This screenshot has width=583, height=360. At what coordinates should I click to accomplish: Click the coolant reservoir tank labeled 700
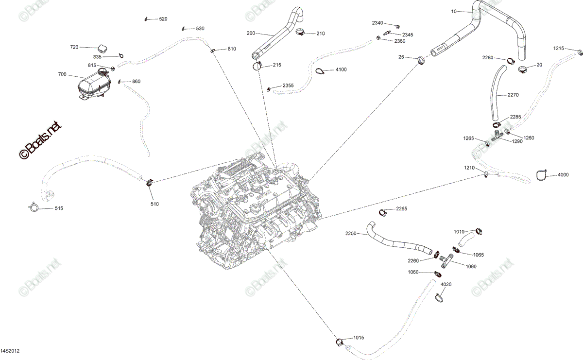pos(94,84)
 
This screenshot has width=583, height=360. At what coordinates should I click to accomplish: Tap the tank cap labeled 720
pos(103,49)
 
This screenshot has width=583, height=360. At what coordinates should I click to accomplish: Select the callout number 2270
pos(513,95)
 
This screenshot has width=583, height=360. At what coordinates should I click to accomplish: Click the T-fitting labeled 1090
pos(446,260)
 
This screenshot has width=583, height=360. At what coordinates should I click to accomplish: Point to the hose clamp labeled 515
pos(34,207)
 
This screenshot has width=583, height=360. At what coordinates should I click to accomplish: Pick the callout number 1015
pos(359,338)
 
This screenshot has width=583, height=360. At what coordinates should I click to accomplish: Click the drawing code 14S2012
pos(10,351)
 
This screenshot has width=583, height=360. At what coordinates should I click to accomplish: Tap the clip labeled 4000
pos(542,175)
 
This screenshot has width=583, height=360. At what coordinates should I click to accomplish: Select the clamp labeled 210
pos(301,32)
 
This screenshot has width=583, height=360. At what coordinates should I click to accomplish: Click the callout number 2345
pos(408,35)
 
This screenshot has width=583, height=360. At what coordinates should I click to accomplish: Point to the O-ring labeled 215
pos(257,67)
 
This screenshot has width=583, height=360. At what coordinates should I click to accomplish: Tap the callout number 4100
pos(341,69)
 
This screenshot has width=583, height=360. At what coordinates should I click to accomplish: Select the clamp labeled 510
pos(150,183)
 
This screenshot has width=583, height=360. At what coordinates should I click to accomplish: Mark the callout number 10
pos(454,12)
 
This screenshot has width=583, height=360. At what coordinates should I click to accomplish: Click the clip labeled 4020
pos(439,297)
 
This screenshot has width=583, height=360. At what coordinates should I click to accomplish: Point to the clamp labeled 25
pos(421,60)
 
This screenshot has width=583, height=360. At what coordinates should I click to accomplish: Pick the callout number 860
pos(136,82)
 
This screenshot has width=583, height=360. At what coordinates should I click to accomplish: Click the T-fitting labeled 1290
pos(497,136)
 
